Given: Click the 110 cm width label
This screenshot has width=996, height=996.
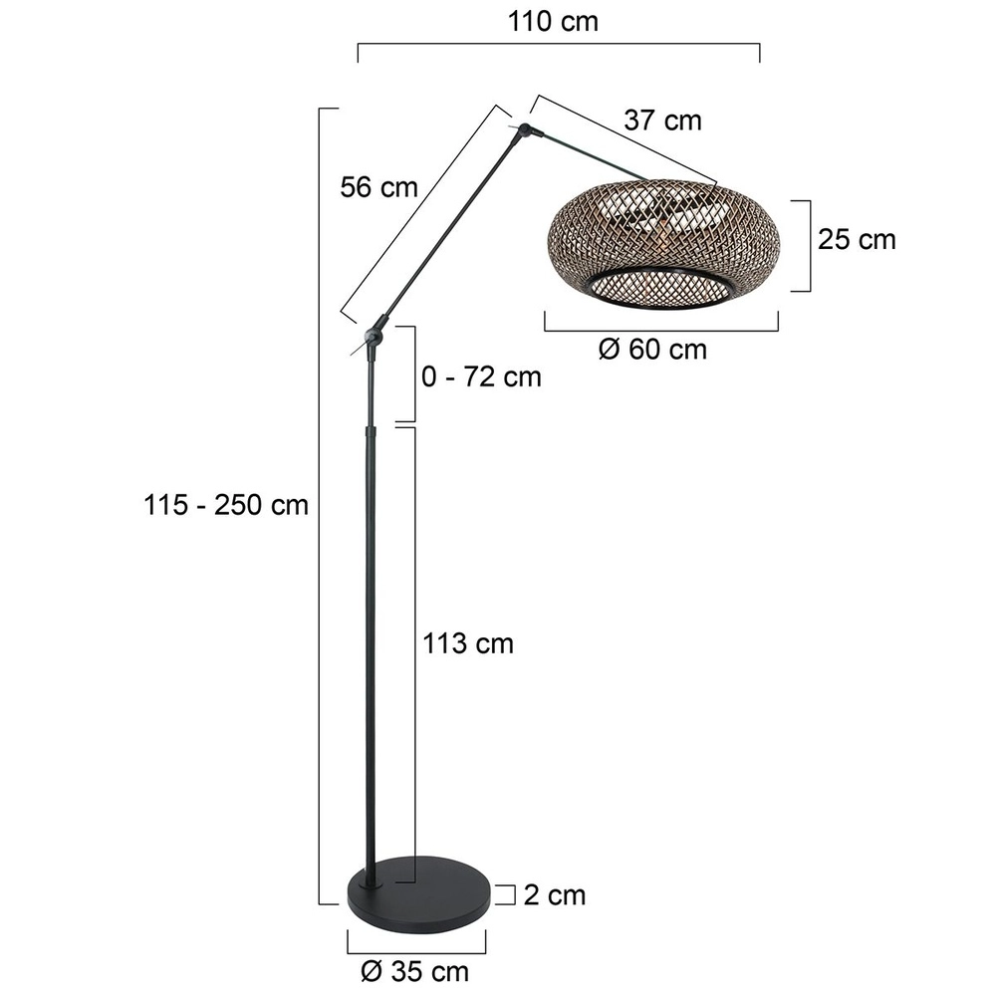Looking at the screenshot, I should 553,21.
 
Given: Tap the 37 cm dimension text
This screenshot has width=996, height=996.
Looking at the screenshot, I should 662,121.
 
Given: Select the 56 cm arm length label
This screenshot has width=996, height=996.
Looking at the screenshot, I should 378,186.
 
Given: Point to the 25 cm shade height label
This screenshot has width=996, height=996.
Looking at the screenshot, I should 857,240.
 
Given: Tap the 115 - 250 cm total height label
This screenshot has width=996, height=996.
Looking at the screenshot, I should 226,505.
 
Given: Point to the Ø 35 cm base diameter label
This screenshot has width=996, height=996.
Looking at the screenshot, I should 417,969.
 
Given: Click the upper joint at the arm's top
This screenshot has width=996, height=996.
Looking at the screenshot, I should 525,129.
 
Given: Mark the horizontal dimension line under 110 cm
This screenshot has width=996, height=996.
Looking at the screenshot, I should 558,45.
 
